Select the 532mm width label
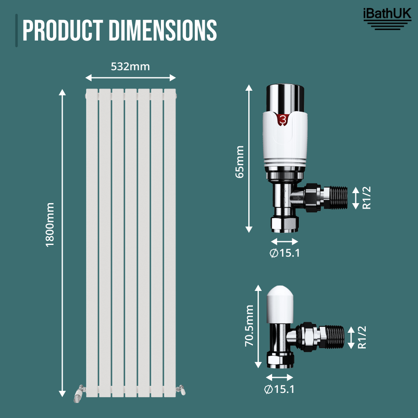coord(130,66)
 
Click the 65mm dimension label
coord(240,162)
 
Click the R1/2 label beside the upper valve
coord(367,198)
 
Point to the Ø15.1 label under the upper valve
coord(285,253)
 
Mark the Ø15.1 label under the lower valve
coord(279,389)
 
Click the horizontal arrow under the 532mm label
coord(130,78)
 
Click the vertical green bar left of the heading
coord(17,31)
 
